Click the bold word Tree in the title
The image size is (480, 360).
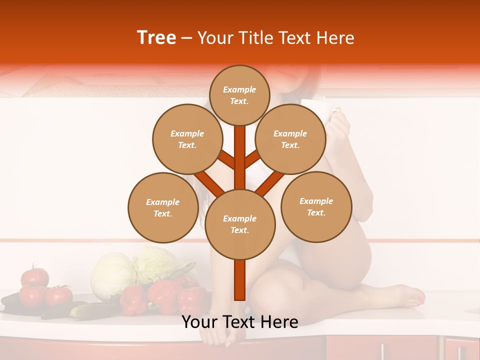(156, 38)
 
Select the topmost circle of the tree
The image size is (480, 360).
(239, 95)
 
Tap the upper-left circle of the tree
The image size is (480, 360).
(187, 139)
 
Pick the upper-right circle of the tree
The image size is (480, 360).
(290, 139)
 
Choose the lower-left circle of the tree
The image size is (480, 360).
(162, 207)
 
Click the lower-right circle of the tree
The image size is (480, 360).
(316, 206)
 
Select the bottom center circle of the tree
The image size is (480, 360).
(239, 224)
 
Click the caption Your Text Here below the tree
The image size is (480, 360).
(239, 322)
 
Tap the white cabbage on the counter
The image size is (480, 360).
(112, 275)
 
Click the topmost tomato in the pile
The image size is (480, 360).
(35, 276)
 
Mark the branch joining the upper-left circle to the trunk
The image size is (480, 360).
(226, 160)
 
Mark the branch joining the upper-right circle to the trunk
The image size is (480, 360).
(252, 159)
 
